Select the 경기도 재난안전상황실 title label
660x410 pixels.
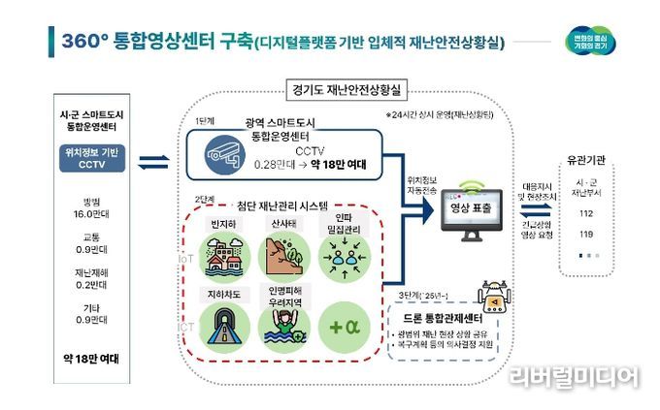[348, 88]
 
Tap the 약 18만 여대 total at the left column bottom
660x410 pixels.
[91, 358]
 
